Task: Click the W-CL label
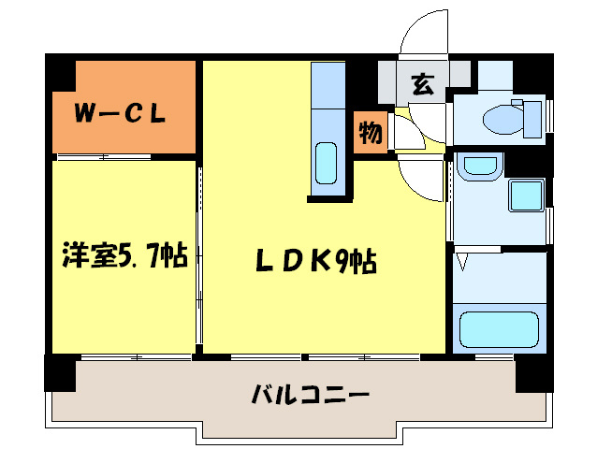pyautogui.click(x=120, y=113)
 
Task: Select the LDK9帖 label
pyautogui.click(x=316, y=261)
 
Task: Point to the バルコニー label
pyautogui.click(x=310, y=394)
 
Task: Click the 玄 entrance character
pyautogui.click(x=422, y=84)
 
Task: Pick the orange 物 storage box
pyautogui.click(x=371, y=133)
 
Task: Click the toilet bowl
pyautogui.click(x=503, y=120)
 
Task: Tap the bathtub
pyautogui.click(x=499, y=329)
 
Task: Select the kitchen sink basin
pyautogui.click(x=327, y=164)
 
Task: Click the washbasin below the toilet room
pyautogui.click(x=480, y=166)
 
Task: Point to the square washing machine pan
pyautogui.click(x=527, y=196)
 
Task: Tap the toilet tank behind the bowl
pyautogui.click(x=532, y=119)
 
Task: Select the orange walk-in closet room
pyautogui.click(x=124, y=108)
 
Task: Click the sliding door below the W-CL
pyautogui.click(x=104, y=157)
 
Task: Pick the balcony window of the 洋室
pyautogui.click(x=136, y=357)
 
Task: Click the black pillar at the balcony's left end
pyautogui.click(x=60, y=373)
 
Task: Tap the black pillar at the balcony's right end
pyautogui.click(x=534, y=373)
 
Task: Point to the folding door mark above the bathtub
pyautogui.click(x=462, y=262)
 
